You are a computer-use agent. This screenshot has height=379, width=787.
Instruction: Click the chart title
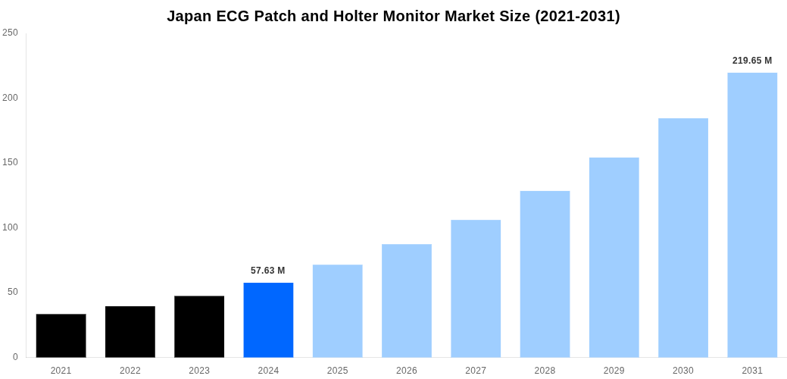coord(393,16)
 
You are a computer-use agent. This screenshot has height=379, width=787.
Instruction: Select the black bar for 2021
coord(61,336)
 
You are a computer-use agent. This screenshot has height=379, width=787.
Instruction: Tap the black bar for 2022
coord(130,332)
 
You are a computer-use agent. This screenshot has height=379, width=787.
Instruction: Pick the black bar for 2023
coord(199,327)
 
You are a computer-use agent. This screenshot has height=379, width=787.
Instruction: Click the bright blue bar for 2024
coord(268,320)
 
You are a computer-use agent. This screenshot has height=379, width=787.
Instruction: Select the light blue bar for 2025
coord(337,311)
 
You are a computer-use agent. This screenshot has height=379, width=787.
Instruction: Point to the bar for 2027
coord(476,289)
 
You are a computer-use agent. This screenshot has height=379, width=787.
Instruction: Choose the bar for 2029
coord(614,258)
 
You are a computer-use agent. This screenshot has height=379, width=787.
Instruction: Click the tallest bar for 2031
coord(752,215)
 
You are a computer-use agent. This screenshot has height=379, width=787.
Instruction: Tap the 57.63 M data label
coord(268,271)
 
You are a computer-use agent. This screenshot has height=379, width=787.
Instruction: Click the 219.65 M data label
coord(752,61)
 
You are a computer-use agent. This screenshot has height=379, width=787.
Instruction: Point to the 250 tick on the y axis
coord(10,33)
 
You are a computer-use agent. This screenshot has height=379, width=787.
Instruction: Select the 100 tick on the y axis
coord(10,227)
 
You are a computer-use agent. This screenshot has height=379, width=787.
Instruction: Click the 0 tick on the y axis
coord(14,357)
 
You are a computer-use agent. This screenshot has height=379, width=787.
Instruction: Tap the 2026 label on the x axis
coord(407,371)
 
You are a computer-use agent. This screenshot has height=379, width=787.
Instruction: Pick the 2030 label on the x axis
coord(683,371)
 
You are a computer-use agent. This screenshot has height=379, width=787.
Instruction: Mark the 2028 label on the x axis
coord(545,371)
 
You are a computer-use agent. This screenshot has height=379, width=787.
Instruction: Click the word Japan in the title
coord(189,16)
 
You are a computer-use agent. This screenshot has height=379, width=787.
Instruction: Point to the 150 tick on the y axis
coord(10,162)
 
